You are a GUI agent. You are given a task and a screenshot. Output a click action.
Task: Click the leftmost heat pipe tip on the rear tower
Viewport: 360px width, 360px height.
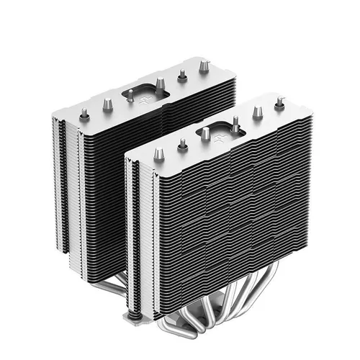point(84,113)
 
